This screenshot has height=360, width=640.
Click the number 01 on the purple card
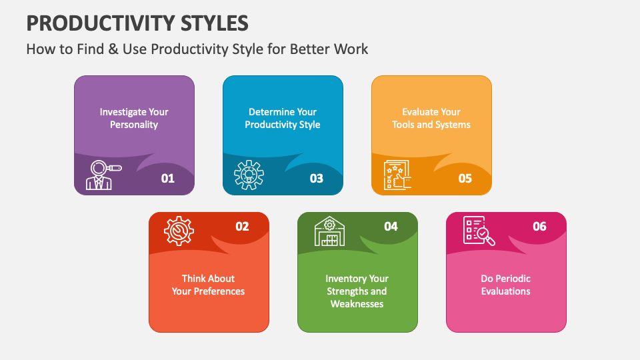click(167, 178)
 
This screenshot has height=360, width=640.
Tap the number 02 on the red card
click(242, 227)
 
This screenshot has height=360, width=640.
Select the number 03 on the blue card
click(316, 178)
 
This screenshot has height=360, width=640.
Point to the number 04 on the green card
click(391, 227)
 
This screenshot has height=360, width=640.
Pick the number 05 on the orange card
click(465, 178)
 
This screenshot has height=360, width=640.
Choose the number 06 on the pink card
click(539, 227)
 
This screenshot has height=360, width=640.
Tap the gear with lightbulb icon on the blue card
click(249, 175)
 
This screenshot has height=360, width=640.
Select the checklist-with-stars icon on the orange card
click(397, 175)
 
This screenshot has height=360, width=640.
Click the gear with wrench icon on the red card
click(179, 231)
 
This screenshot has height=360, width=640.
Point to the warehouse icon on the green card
click(329, 231)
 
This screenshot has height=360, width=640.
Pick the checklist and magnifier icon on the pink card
click(479, 231)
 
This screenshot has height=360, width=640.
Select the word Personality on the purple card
click(134, 125)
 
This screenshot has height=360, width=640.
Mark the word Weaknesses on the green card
click(357, 304)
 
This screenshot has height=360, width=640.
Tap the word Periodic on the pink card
click(513, 279)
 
